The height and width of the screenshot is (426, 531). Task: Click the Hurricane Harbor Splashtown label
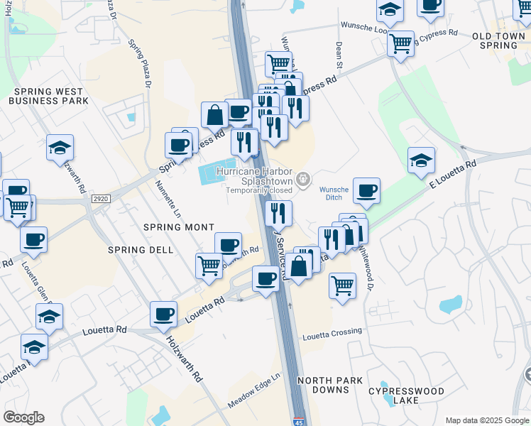point(258,177)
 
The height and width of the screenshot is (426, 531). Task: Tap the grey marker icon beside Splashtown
point(304,178)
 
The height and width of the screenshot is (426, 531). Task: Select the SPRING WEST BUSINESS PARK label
point(48,96)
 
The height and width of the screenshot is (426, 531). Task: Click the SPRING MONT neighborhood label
point(179,227)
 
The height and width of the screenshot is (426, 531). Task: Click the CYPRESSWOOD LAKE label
point(407,396)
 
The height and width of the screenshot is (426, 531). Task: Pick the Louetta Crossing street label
point(332,332)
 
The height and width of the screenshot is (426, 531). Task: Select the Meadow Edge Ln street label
point(254,391)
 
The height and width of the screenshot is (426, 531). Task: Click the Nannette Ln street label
point(166,200)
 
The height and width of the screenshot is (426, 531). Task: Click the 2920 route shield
point(100,200)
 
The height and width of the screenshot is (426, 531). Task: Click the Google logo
point(24,417)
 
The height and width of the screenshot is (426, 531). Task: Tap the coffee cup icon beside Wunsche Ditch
point(366,190)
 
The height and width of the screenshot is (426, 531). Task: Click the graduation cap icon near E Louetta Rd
point(422,160)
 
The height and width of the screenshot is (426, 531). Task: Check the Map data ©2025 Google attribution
point(487,420)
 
